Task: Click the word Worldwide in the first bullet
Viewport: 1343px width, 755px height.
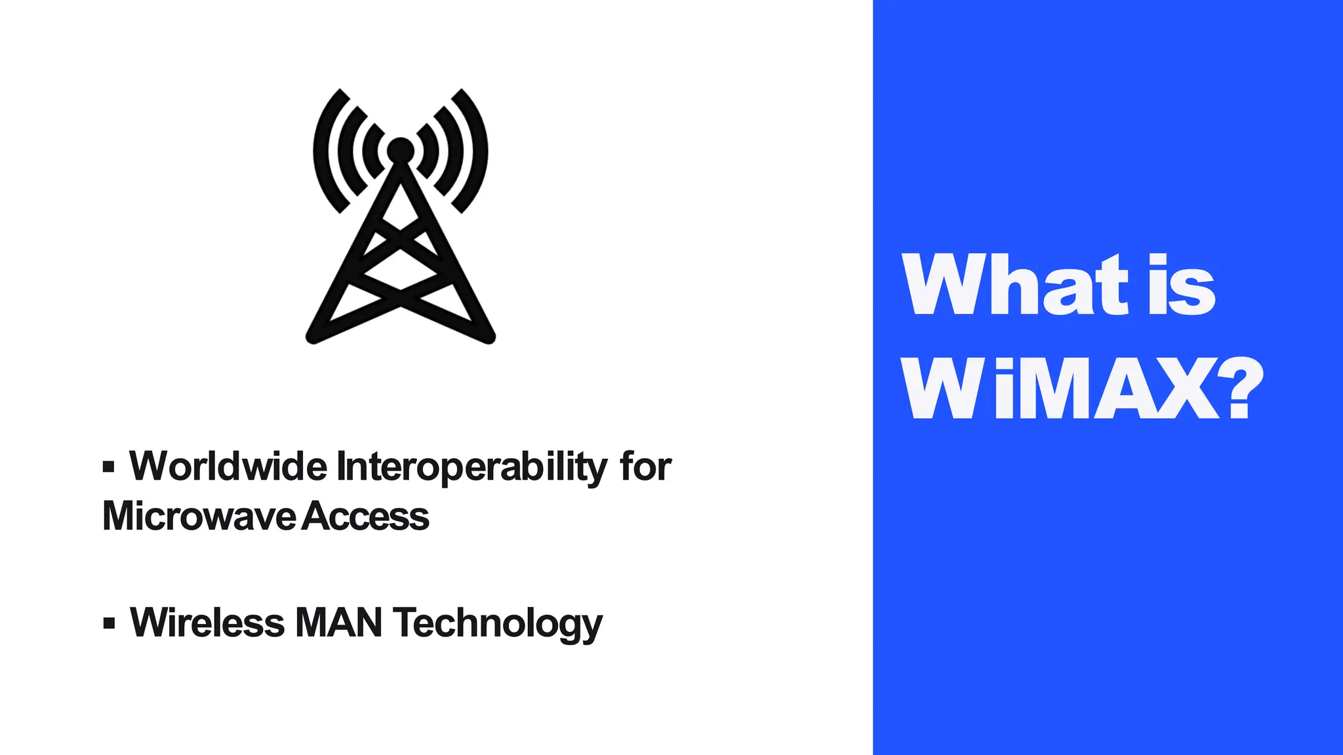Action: (228, 466)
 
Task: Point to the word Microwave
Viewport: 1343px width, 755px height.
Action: (199, 516)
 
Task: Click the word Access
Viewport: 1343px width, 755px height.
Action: (366, 516)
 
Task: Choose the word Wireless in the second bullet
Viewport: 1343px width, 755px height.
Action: (207, 622)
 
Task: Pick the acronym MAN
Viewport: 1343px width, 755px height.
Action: (338, 622)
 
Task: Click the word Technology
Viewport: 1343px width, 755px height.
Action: (497, 623)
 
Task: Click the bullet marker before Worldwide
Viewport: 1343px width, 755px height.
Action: (109, 467)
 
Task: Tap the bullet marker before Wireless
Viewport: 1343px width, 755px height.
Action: (109, 623)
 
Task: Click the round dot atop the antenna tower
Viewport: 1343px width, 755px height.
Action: (400, 150)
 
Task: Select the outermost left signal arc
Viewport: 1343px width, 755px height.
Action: (321, 151)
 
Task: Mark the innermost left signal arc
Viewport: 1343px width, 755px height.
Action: (371, 150)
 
